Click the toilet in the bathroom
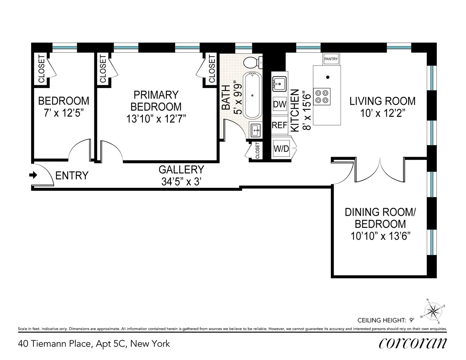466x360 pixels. (x=253, y=62)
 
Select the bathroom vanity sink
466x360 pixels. (x=256, y=130)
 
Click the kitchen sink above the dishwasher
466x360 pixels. (x=279, y=83)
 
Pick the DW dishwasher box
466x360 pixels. (x=280, y=104)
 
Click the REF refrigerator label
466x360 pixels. (x=279, y=125)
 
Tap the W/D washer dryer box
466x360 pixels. (x=281, y=148)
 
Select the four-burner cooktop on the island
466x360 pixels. (x=322, y=96)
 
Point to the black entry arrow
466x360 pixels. (x=33, y=175)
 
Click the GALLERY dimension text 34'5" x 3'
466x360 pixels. (x=181, y=181)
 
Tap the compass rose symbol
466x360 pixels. (x=433, y=310)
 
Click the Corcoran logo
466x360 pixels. (x=412, y=344)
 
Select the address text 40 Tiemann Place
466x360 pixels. (x=94, y=344)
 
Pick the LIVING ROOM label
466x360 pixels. (x=383, y=101)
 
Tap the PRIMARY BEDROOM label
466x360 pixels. (x=156, y=100)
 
